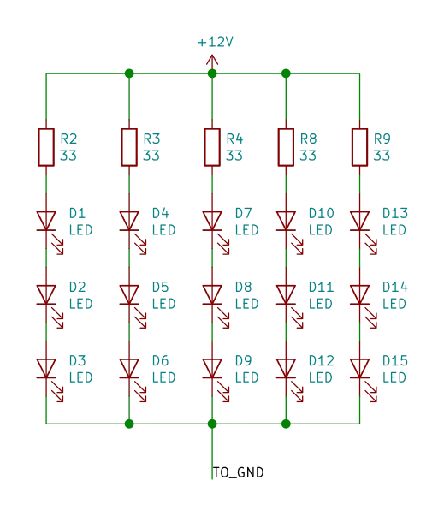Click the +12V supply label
click(x=212, y=40)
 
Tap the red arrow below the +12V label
click(x=212, y=59)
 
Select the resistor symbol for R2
click(x=44, y=145)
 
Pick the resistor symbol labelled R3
click(x=129, y=145)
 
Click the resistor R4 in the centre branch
click(x=212, y=145)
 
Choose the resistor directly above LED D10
click(x=286, y=145)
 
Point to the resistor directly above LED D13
click(x=360, y=145)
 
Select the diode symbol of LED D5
click(x=130, y=296)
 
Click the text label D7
click(x=242, y=211)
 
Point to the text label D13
click(x=395, y=211)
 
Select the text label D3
click(x=78, y=359)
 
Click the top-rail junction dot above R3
click(x=129, y=74)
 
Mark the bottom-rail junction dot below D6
click(x=129, y=423)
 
